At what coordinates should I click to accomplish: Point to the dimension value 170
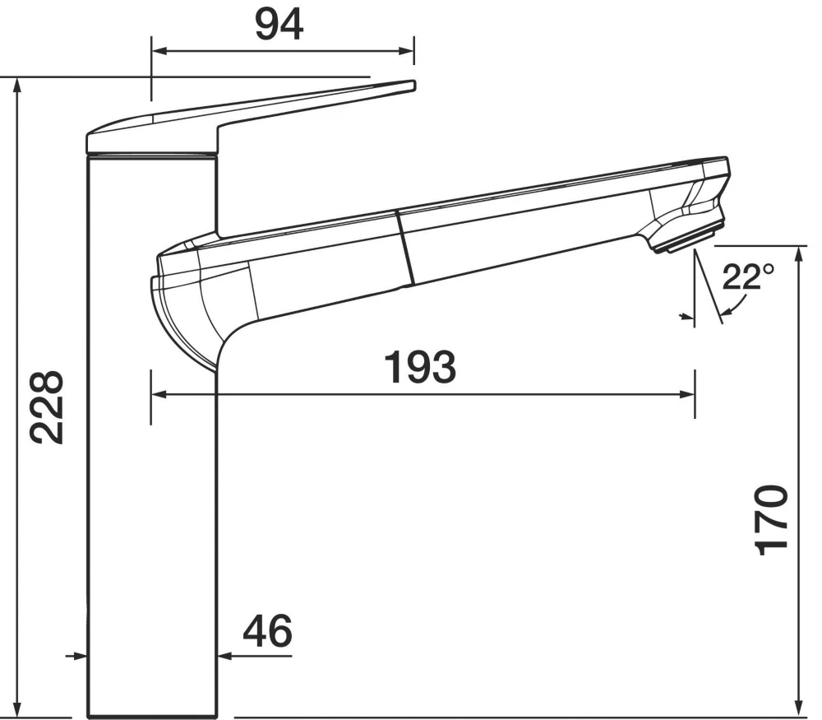coord(772,520)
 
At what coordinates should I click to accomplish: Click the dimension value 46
coord(268,632)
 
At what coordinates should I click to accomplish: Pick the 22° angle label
coord(747,278)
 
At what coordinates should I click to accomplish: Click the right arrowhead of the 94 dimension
coord(408,51)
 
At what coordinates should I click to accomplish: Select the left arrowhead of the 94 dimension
coord(158,51)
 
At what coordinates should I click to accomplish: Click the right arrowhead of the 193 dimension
coord(689,395)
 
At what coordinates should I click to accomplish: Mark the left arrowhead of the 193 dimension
coord(158,395)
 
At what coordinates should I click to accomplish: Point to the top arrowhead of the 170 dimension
coord(798,252)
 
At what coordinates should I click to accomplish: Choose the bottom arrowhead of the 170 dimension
coord(798,711)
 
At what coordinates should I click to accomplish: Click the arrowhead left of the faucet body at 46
coord(81,656)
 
